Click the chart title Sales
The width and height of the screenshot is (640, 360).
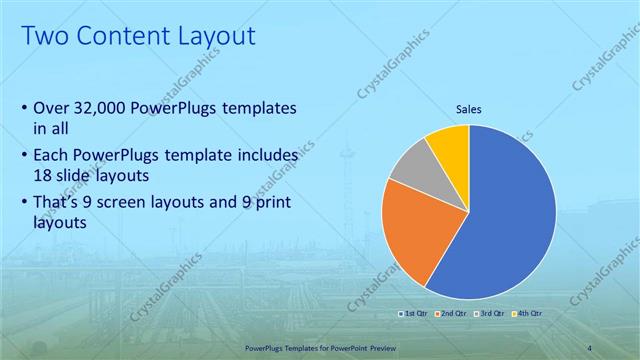point(469,109)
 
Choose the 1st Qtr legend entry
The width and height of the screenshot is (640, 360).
point(416,314)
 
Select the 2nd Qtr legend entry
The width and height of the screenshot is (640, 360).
point(453,314)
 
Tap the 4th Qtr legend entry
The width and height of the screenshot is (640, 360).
point(527,314)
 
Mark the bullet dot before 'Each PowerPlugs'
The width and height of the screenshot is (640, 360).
point(24,157)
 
